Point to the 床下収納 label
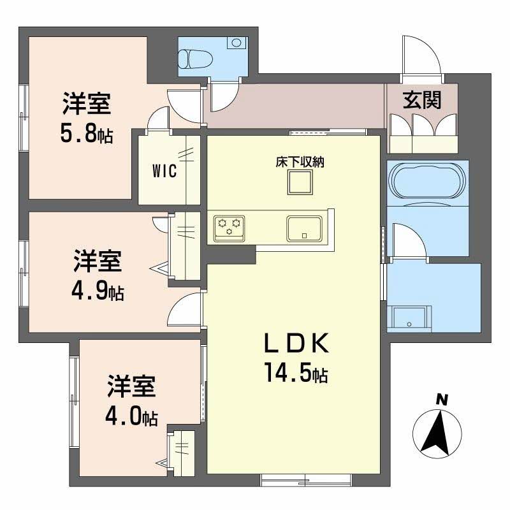click(x=300, y=162)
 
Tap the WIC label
click(x=164, y=171)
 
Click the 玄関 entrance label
click(x=422, y=100)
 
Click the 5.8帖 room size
click(x=87, y=135)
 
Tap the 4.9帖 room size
click(x=98, y=291)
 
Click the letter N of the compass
click(x=441, y=400)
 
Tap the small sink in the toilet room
click(x=237, y=44)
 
